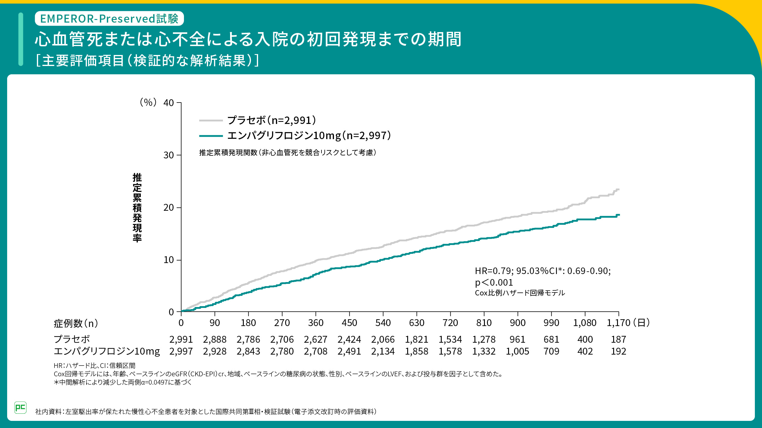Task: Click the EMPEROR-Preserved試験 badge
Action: tap(109, 18)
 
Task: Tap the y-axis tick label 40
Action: tap(168, 103)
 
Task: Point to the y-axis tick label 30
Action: tap(168, 155)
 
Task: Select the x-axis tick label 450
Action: tap(349, 323)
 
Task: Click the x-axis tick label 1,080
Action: tap(585, 323)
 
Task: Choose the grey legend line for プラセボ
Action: tap(211, 120)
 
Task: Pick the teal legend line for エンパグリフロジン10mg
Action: tap(211, 136)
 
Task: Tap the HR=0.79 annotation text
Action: tap(542, 271)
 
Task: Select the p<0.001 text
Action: tap(494, 282)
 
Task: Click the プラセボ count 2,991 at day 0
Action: tap(181, 339)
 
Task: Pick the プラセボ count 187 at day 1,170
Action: tap(619, 339)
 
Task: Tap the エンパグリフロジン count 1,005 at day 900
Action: tap(517, 351)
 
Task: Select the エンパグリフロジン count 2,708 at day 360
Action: tap(316, 351)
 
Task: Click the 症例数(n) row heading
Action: tap(76, 323)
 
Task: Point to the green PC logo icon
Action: tap(20, 407)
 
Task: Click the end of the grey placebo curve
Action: tap(619, 189)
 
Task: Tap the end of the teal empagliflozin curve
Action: tap(619, 215)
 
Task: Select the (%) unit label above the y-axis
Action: tap(148, 102)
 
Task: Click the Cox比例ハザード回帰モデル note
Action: tap(520, 293)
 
